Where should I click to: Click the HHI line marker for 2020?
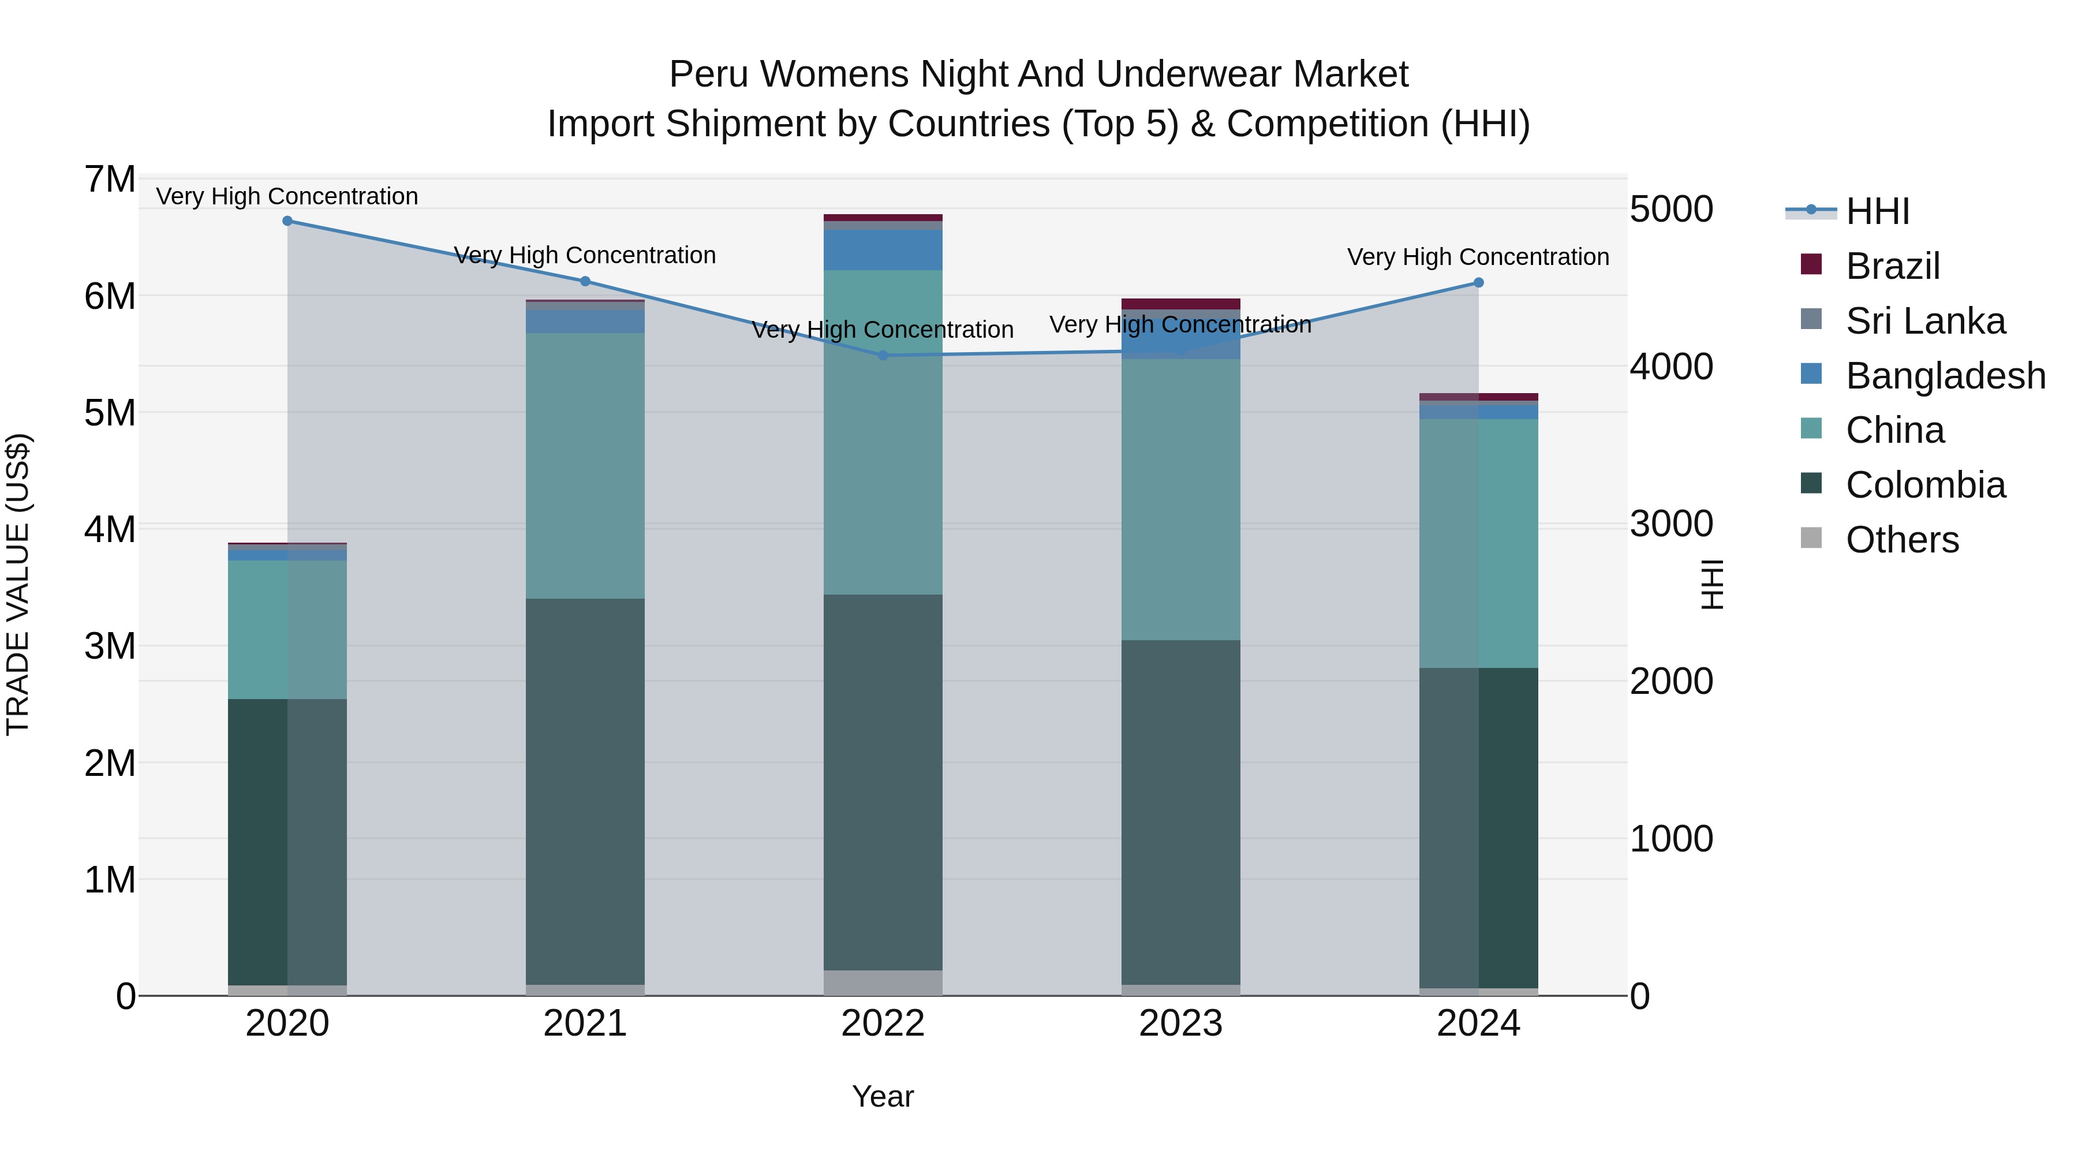pos(287,221)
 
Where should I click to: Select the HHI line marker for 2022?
pos(883,355)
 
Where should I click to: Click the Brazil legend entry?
pos(1892,266)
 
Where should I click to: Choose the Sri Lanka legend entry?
pos(1924,321)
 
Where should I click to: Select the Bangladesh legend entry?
pos(1945,376)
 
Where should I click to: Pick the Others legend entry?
pos(1901,540)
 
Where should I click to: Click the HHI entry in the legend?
pos(1877,211)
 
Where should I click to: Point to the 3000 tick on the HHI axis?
pos(1670,524)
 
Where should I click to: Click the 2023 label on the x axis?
pos(1180,1024)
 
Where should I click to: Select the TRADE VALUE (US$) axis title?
pos(18,585)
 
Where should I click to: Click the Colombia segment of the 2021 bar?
pos(585,791)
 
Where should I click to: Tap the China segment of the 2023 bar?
pos(1180,500)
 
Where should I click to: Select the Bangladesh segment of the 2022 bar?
pos(883,250)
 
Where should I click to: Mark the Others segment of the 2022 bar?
pos(883,983)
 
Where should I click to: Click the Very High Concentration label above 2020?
pos(287,196)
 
